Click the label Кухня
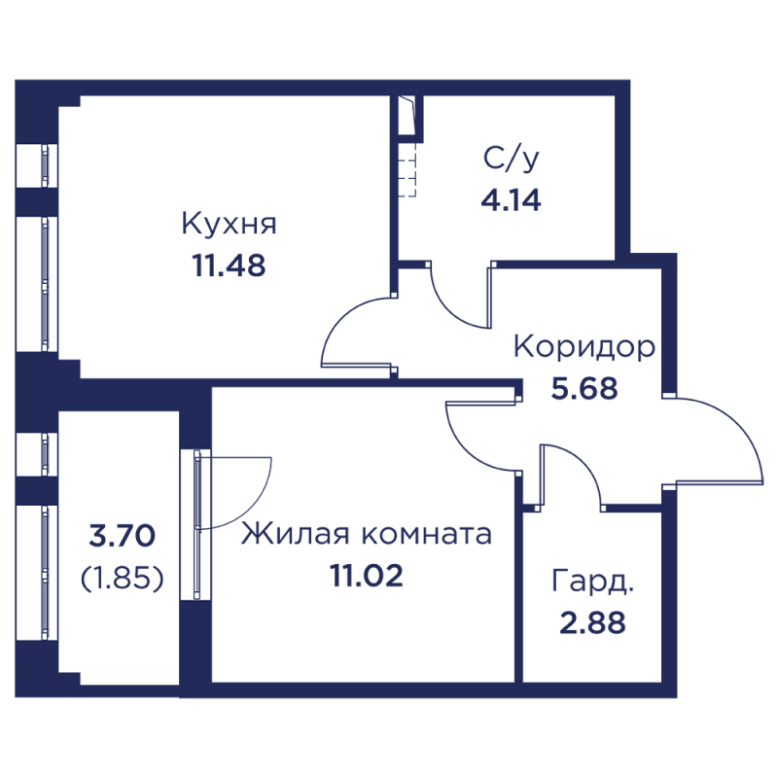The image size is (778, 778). (230, 226)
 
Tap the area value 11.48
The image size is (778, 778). (230, 265)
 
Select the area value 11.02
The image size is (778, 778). (365, 576)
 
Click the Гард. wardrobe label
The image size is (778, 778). (593, 583)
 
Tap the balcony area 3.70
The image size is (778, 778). (121, 536)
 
